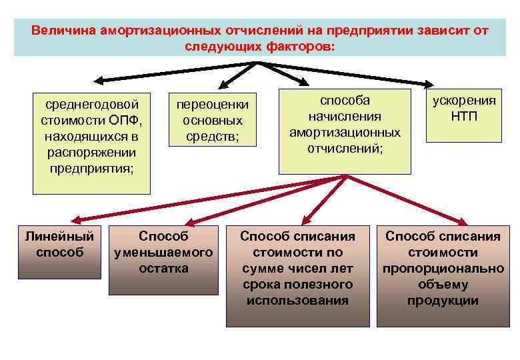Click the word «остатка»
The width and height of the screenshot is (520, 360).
pos(163,269)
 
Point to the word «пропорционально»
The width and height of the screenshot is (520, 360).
pos(443,269)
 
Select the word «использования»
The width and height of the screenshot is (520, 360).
pos(297,301)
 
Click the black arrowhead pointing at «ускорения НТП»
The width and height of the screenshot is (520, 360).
pos(427,84)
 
